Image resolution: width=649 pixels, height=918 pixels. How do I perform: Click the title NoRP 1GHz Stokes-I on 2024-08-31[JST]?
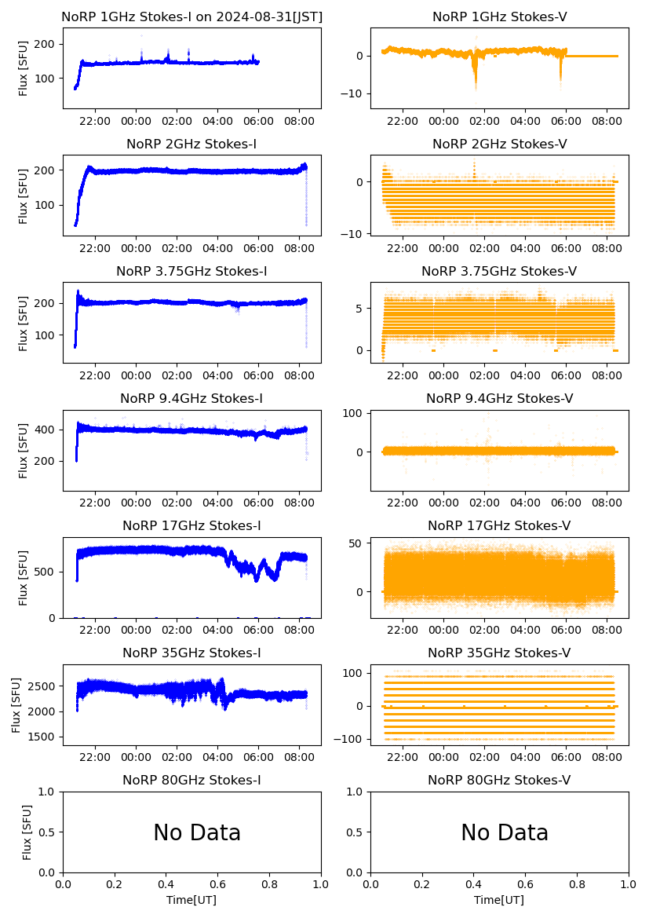pyautogui.click(x=191, y=17)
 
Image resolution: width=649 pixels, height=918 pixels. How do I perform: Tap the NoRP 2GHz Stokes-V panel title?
pyautogui.click(x=499, y=144)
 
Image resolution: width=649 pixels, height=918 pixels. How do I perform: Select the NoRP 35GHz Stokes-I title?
pyautogui.click(x=191, y=653)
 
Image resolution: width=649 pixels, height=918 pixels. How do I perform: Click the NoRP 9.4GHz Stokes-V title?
pyautogui.click(x=499, y=399)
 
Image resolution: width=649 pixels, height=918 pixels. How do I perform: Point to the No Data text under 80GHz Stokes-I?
pyautogui.click(x=197, y=833)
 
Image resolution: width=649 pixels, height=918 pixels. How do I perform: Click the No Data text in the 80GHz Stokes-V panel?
pyautogui.click(x=505, y=833)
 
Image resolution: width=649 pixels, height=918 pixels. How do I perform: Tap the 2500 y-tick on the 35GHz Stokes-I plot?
pyautogui.click(x=43, y=686)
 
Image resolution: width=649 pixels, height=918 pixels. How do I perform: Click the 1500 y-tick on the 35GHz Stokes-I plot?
pyautogui.click(x=43, y=737)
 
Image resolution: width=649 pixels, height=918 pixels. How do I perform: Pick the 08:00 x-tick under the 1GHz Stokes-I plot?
pyautogui.click(x=300, y=121)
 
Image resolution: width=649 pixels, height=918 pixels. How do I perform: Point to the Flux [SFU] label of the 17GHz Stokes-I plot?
pyautogui.click(x=24, y=578)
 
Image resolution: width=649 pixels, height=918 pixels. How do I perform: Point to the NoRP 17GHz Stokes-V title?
pyautogui.click(x=499, y=526)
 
